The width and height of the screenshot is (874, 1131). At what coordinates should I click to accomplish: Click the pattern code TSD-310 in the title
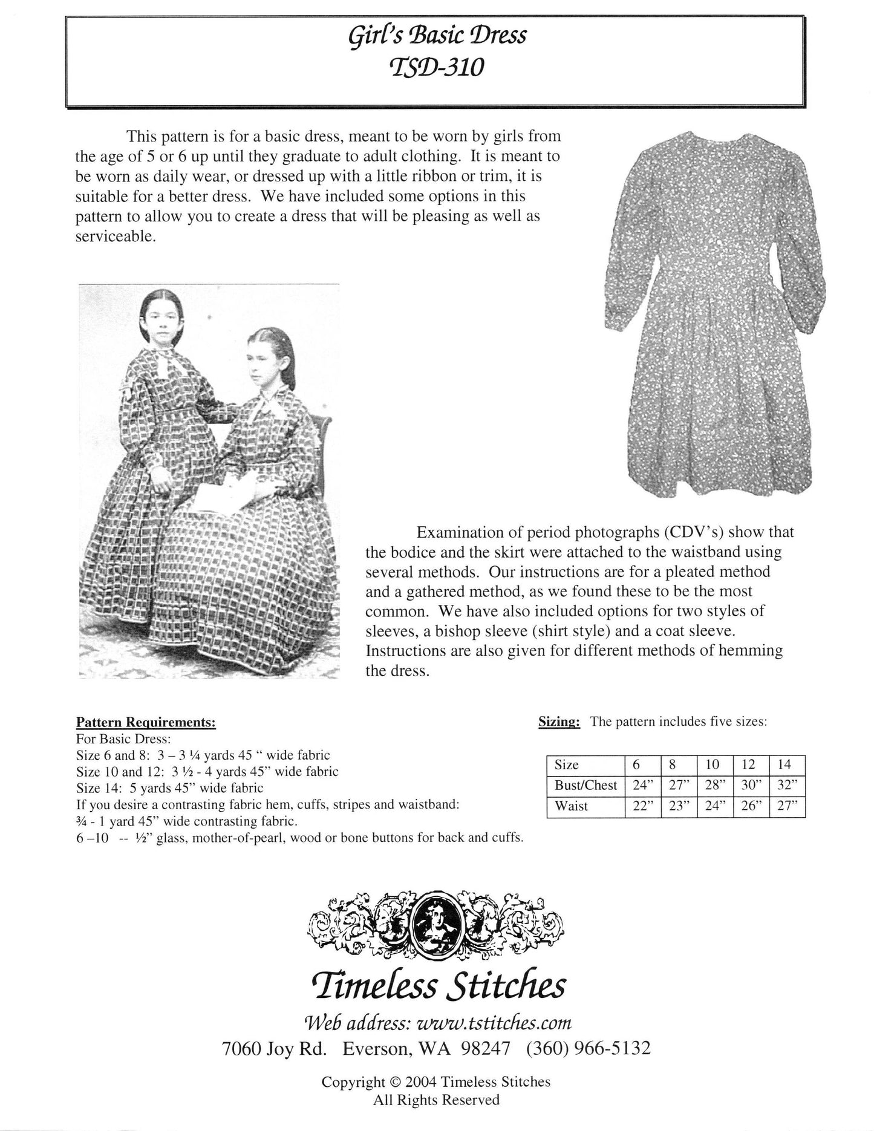point(437,67)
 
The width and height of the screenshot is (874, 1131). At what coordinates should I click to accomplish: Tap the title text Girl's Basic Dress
point(437,36)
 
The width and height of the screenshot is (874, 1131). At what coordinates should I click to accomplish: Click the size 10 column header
point(713,764)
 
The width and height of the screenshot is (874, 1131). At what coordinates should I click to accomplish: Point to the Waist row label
point(572,806)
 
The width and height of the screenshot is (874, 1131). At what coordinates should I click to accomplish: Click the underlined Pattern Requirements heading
point(146,723)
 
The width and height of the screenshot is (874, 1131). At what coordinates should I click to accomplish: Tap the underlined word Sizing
point(559,722)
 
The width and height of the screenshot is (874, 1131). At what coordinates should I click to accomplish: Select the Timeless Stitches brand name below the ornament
point(437,985)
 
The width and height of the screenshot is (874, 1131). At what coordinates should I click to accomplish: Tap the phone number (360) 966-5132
point(589,1048)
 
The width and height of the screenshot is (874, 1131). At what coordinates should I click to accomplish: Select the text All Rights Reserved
point(437,1100)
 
